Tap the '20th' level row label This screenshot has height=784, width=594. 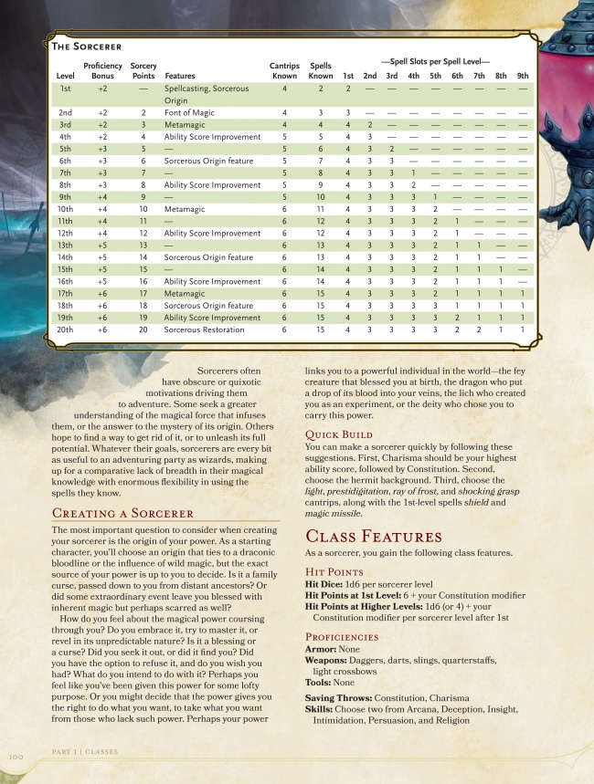[65, 329]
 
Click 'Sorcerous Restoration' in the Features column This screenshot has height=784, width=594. [203, 329]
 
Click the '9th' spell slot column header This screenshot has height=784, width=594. [522, 76]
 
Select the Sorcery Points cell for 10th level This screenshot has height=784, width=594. [143, 209]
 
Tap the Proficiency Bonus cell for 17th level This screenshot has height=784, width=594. [102, 294]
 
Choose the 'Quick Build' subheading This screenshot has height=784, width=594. [338, 434]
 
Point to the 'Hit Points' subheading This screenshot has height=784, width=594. [334, 571]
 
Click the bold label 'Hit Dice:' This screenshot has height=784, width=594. [324, 584]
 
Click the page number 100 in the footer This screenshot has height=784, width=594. [16, 756]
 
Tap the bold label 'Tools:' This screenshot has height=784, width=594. [317, 682]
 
